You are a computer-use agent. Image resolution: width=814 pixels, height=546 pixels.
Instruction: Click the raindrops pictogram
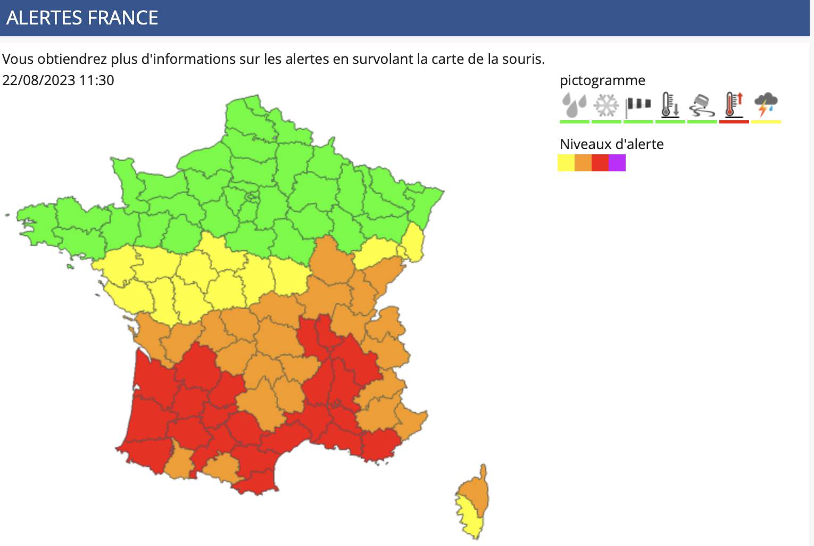coord(574,105)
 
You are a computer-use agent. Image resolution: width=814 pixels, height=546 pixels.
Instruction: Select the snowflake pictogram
coord(606,105)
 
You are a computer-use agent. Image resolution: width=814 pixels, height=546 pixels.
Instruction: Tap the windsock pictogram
coord(638,105)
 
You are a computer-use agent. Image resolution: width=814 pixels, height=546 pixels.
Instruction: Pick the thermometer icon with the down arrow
coord(670,105)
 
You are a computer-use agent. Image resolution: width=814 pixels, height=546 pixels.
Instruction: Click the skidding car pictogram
coord(702,105)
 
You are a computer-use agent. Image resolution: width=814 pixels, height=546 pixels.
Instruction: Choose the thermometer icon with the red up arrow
coord(734,104)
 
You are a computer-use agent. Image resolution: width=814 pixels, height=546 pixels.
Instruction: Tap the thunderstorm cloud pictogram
coord(766,104)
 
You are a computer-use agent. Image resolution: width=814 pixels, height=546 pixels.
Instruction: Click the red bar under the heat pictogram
coord(734,122)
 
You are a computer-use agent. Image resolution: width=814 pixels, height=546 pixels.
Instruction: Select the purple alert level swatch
coord(617,163)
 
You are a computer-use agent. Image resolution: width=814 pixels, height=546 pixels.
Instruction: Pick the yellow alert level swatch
coord(566,163)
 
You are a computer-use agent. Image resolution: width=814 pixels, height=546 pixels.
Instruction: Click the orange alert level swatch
coord(583,163)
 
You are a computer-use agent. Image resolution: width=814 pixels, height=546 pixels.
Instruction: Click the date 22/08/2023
coord(39,80)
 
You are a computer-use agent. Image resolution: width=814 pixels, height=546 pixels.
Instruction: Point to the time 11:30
coord(96,80)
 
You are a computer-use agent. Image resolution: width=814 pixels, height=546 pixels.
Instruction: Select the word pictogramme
coord(602,80)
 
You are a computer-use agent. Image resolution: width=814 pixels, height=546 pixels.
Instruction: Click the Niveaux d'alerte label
coord(611,144)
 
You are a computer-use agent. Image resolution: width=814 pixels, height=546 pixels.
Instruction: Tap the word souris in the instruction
coord(522,59)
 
